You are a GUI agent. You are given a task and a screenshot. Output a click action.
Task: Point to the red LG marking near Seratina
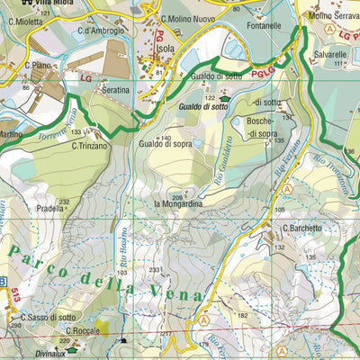coord(86,78)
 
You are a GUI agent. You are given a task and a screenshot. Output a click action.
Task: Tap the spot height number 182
coord(241,316)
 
